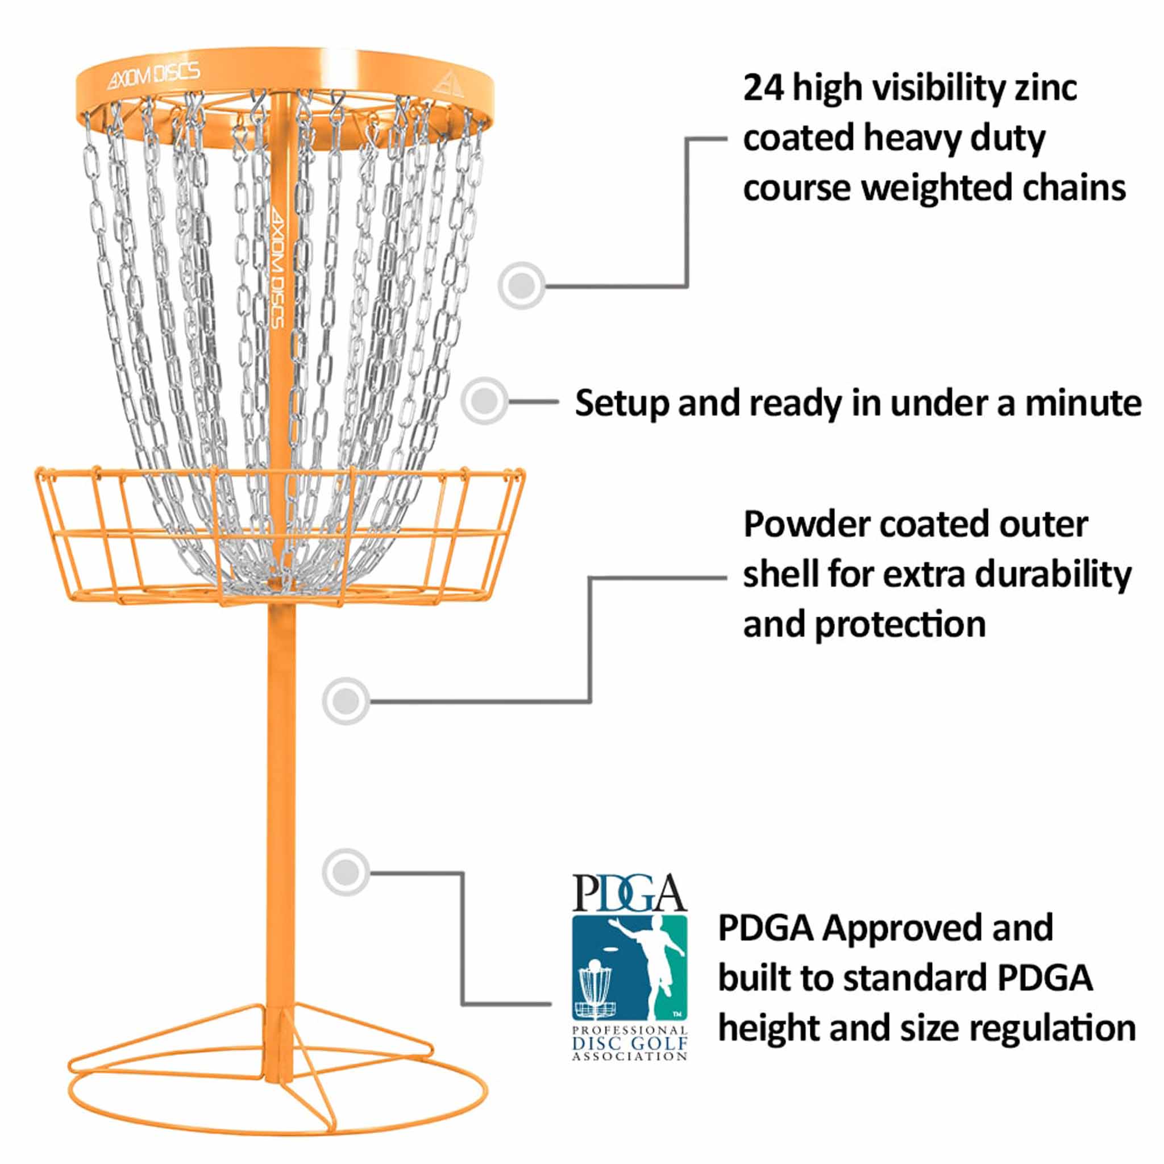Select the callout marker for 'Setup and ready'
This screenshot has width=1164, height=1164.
click(484, 401)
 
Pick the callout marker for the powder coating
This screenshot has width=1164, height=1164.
click(345, 701)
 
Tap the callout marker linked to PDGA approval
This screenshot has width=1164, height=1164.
click(345, 872)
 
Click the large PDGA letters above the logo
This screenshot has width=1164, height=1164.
click(629, 893)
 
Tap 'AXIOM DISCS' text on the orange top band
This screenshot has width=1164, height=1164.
click(153, 76)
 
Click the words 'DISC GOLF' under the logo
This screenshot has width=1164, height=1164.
click(630, 1042)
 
